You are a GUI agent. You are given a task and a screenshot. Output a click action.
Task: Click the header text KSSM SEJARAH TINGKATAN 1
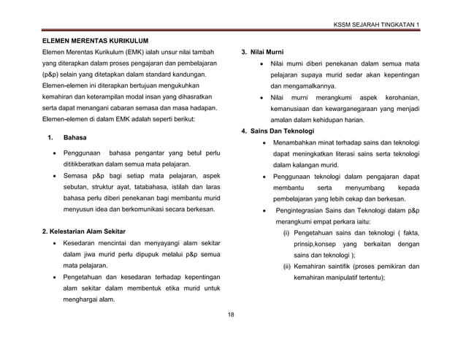point(377,26)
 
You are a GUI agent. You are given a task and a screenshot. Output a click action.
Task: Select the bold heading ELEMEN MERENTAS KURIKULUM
point(95,40)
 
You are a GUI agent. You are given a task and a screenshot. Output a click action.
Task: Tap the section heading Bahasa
point(75,137)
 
